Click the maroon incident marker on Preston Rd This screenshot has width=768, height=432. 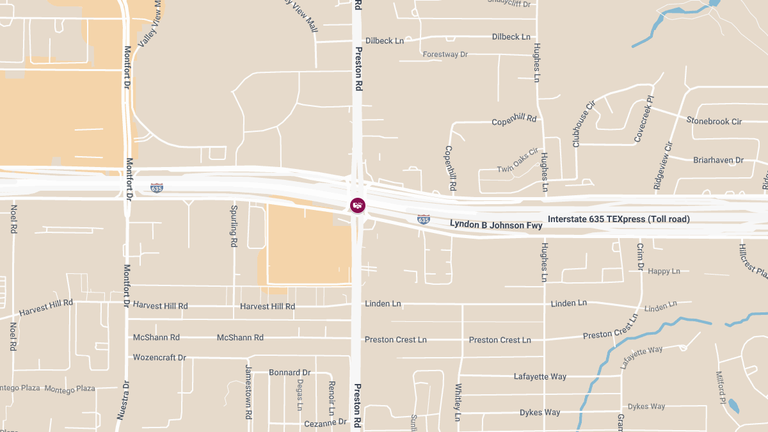pos(358,205)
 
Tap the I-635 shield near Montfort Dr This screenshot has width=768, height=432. pos(157,188)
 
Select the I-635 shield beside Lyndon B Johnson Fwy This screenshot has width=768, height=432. pos(423,220)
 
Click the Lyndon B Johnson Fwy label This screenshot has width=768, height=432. pos(496,225)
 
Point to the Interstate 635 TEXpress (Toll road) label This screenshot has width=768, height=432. pos(619,219)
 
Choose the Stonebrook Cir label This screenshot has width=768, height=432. pos(714,121)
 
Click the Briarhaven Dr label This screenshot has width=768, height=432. pos(718,160)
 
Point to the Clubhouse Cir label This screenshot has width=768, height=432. pos(584,124)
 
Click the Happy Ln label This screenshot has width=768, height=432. pos(664,271)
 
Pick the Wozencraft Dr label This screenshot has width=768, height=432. pos(159,358)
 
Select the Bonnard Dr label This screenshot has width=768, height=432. pos(289,372)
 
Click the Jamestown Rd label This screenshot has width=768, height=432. pos(248,392)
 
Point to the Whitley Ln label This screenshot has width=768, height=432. pos(458,403)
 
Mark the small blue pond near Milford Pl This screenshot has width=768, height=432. pos(733,406)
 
